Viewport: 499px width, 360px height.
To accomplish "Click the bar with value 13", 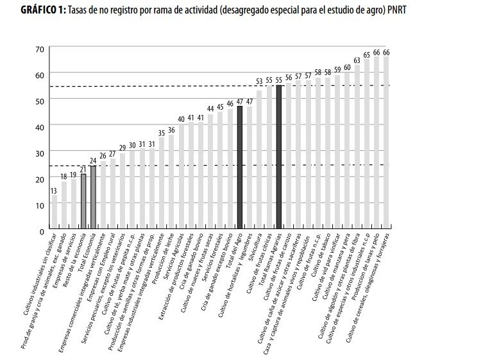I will coord(54,212).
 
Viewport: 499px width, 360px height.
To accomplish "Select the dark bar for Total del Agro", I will coord(240,167).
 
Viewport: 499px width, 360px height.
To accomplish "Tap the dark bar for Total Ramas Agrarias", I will coord(279,157).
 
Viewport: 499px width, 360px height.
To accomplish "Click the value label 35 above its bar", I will coord(162,133).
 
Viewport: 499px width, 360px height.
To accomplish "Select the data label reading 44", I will coord(210,109).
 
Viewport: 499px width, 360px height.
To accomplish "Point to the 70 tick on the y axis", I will coord(39,49).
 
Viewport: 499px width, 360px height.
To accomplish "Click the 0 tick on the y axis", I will coord(41,230).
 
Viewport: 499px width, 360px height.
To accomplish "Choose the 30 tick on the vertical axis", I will coord(39,153).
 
